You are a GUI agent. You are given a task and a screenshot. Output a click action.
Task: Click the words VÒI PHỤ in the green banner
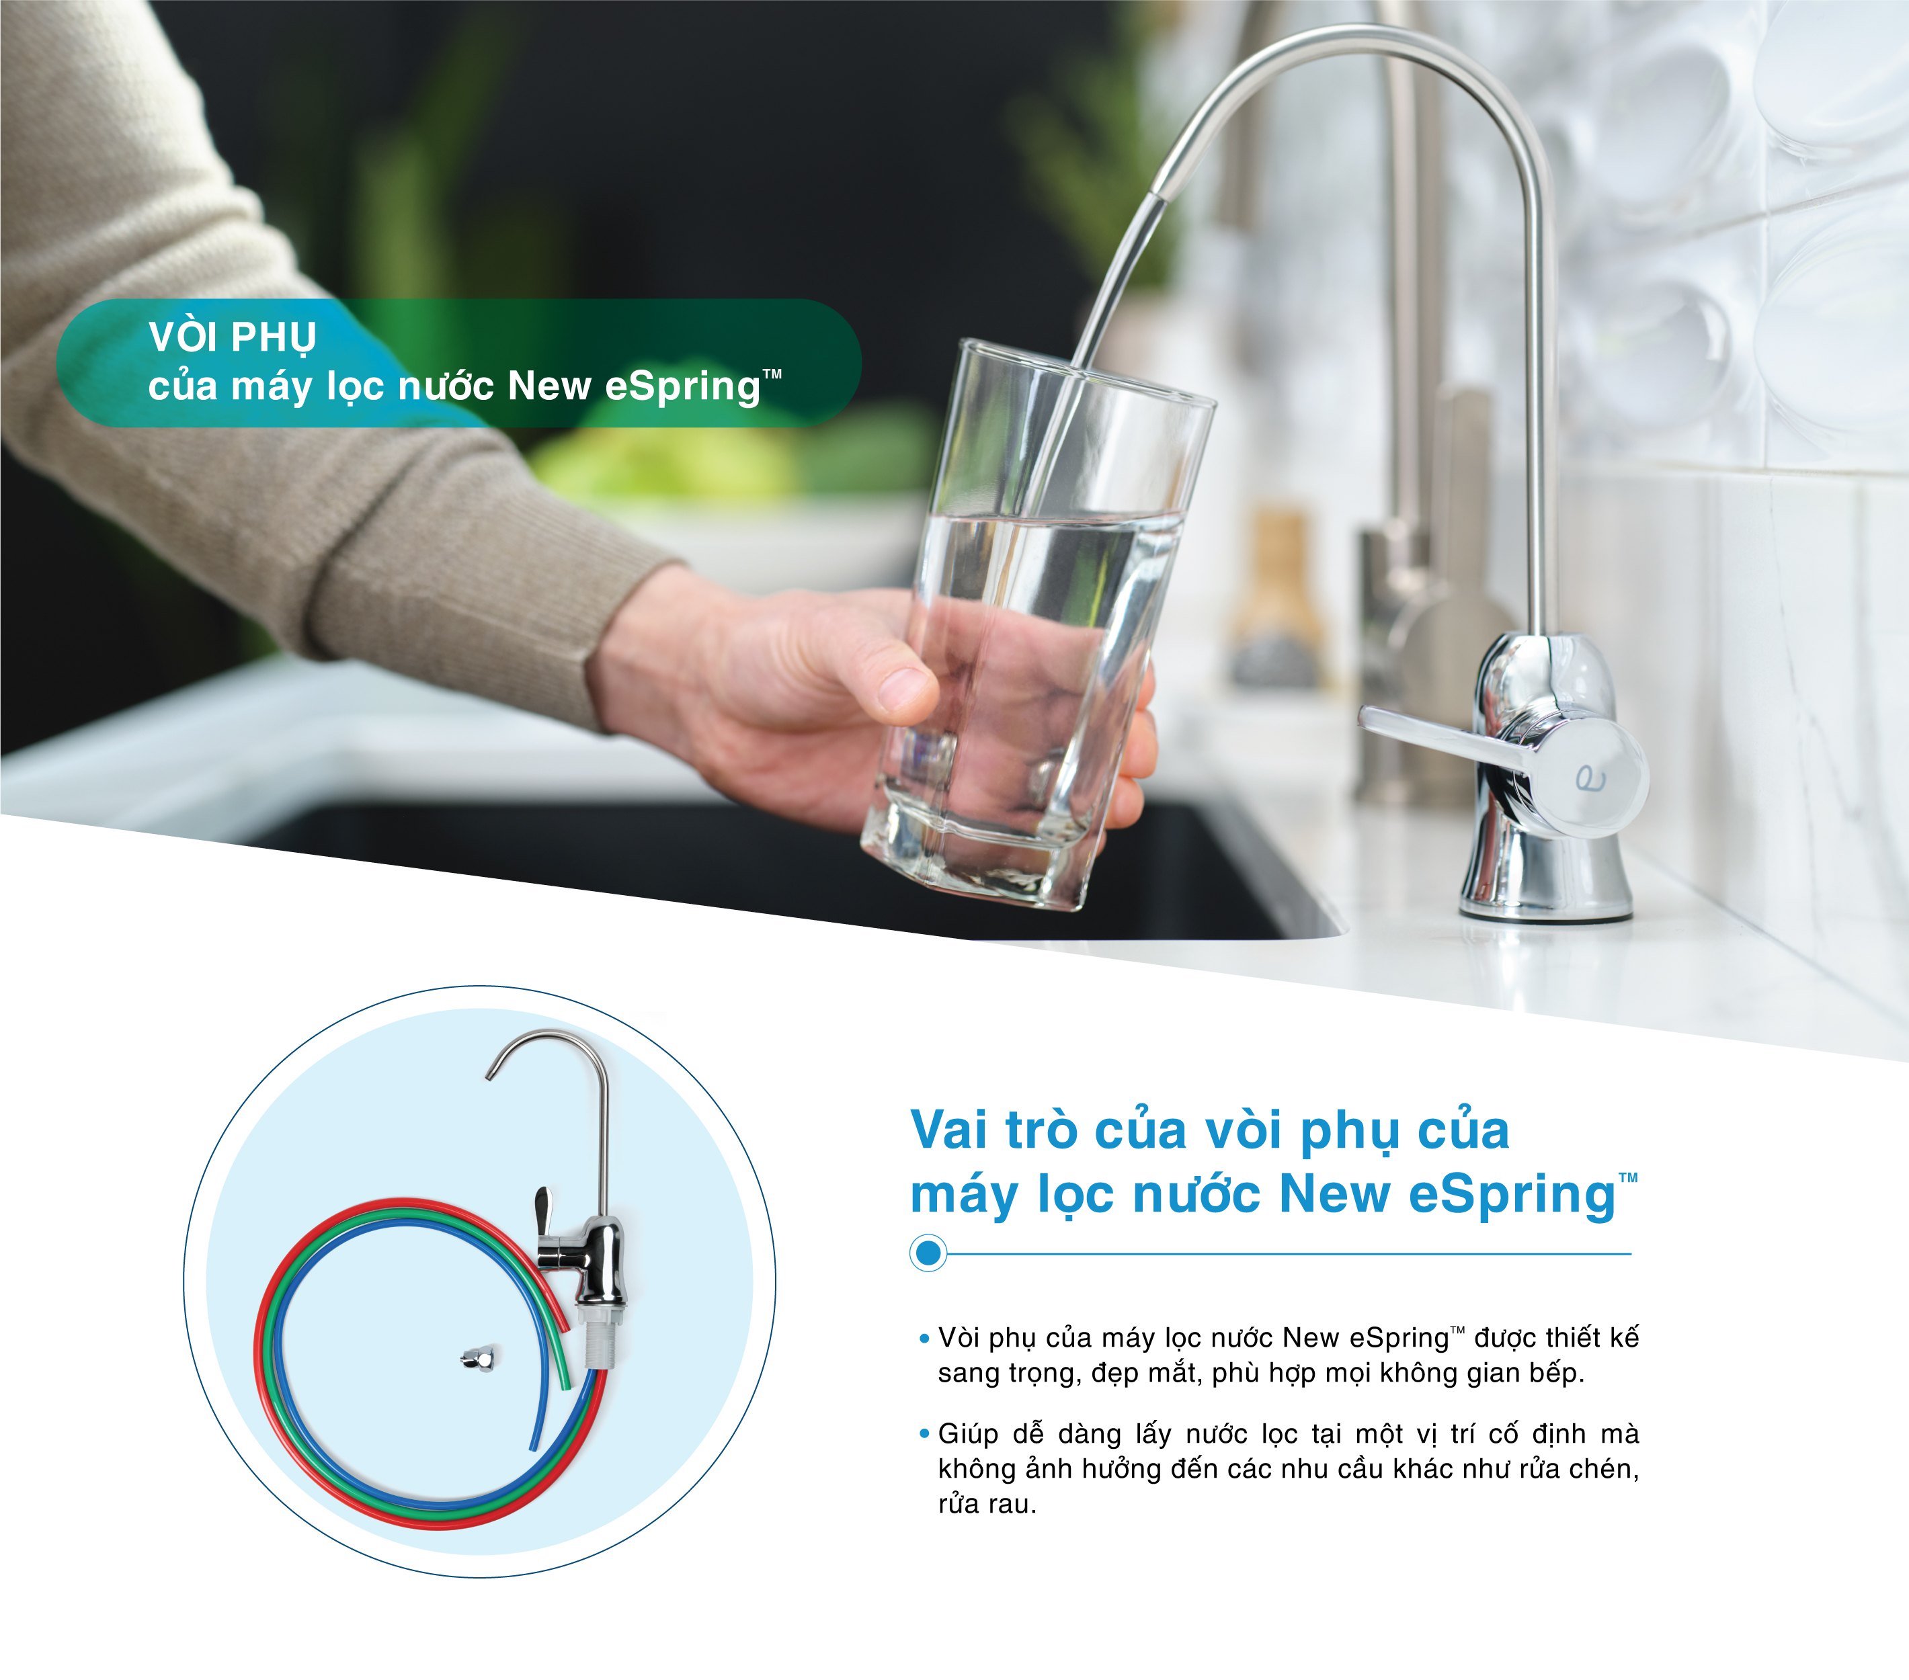pyautogui.click(x=233, y=337)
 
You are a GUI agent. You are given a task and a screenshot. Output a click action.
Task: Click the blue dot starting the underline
pyautogui.click(x=928, y=1253)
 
